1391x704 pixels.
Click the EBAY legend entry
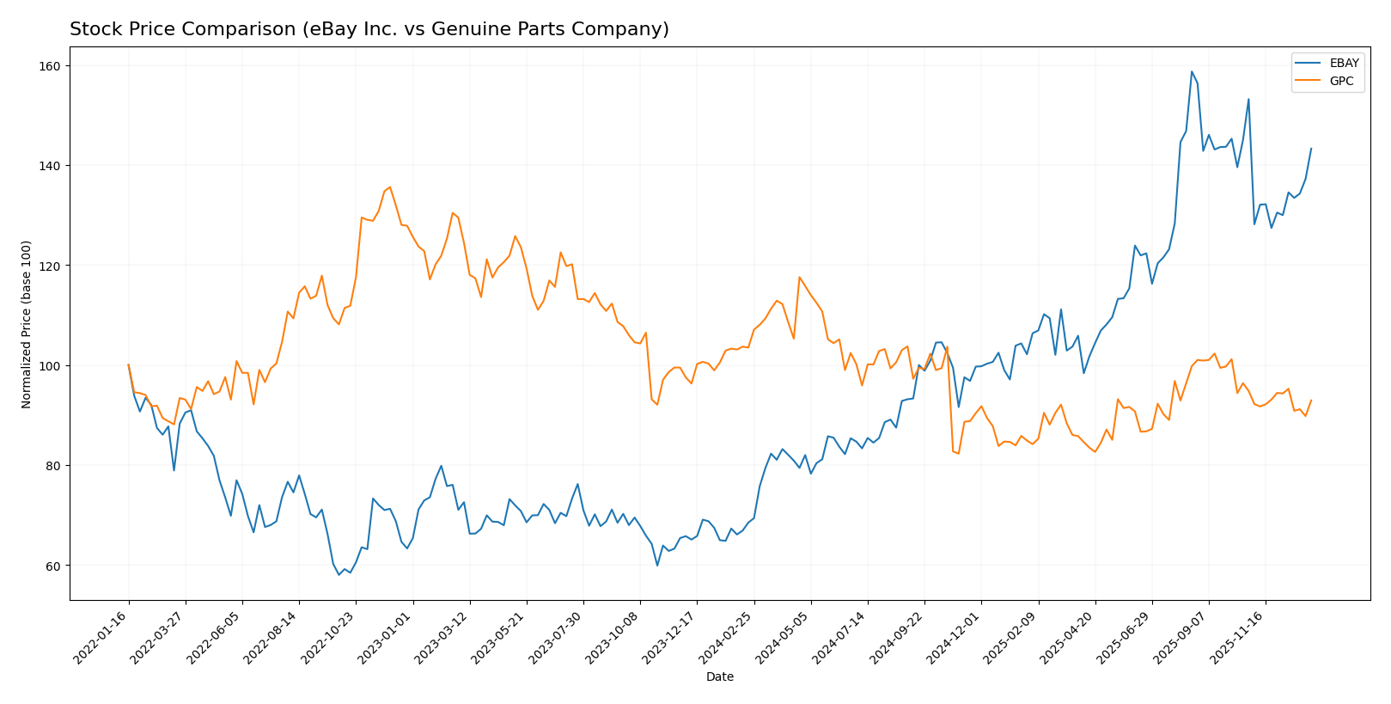coord(1327,64)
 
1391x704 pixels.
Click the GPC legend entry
coord(1327,81)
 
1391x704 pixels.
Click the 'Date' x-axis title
coord(719,677)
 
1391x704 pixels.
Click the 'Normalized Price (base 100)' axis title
coord(27,324)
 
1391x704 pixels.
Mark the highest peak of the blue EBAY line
coord(1192,71)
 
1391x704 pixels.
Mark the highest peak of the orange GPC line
coord(390,187)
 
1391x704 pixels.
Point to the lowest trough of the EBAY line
coord(339,574)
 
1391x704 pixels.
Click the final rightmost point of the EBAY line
coord(1311,148)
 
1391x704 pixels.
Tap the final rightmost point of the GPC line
coord(1311,400)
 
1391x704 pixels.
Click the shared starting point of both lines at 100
coord(129,364)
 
